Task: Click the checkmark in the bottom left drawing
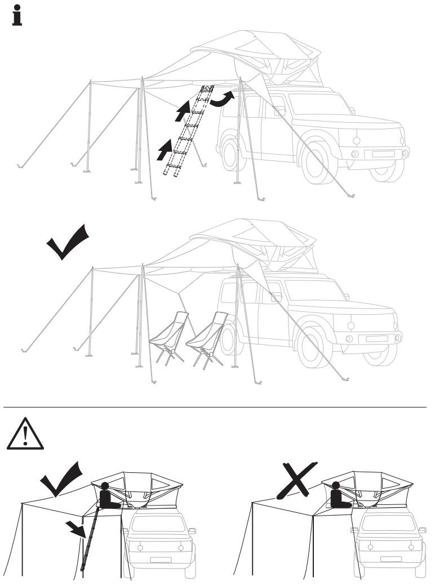click(63, 479)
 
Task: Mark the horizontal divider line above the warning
click(217, 406)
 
